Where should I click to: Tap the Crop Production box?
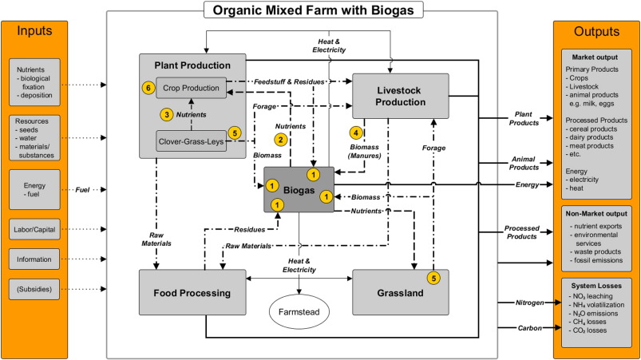click(x=191, y=88)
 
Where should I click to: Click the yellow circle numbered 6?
click(x=147, y=88)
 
